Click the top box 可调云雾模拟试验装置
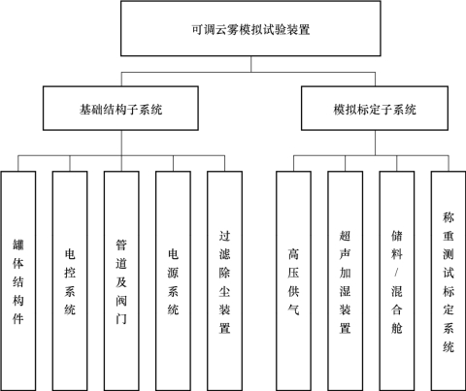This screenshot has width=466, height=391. [x=250, y=28]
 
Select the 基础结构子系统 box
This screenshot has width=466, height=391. [x=120, y=109]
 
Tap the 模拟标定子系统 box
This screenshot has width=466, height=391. [x=375, y=109]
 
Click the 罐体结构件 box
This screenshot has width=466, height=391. [x=18, y=280]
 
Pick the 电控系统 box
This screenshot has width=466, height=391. [x=70, y=280]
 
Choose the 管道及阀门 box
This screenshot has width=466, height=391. [x=121, y=280]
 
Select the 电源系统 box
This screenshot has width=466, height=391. [x=173, y=280]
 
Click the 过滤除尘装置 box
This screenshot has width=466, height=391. [x=224, y=280]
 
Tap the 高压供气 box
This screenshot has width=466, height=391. [x=293, y=280]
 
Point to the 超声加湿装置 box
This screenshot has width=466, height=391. [x=345, y=280]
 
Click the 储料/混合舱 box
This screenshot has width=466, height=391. [x=397, y=280]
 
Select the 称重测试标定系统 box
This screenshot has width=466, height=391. [x=449, y=280]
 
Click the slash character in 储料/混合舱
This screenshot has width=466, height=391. [x=397, y=273]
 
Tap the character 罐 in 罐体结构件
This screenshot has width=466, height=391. [x=18, y=244]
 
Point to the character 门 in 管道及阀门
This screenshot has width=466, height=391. [x=121, y=319]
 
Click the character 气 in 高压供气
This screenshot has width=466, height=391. [x=293, y=310]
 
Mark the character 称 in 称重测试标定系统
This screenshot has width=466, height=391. [x=449, y=217]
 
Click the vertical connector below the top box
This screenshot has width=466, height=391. [x=251, y=64]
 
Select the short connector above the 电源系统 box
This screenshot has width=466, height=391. [x=173, y=163]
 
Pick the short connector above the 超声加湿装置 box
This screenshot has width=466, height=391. [x=346, y=163]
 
